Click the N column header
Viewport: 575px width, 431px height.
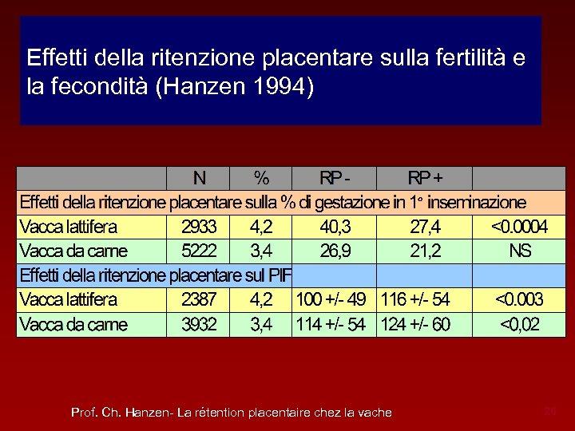pos(199,177)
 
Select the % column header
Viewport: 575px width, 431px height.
pos(260,177)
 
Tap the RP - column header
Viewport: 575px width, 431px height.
pos(335,177)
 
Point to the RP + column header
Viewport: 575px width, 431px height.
pos(426,177)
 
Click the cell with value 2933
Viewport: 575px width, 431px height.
pos(199,227)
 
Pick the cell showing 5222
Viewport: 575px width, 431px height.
pos(199,251)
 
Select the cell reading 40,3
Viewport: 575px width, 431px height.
pos(336,227)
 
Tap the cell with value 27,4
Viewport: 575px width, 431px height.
pos(425,227)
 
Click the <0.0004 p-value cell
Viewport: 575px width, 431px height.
pos(519,227)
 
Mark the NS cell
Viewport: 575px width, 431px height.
pos(520,251)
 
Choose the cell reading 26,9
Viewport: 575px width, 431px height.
pos(336,251)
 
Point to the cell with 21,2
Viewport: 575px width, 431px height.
pos(425,251)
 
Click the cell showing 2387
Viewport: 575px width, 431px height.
pos(199,300)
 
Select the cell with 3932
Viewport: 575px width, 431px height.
pos(199,325)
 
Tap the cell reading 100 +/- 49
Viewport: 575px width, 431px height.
pos(331,300)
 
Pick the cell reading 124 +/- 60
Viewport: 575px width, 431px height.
pos(416,325)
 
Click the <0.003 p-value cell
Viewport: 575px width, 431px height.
pos(519,300)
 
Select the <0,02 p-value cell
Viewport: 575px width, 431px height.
pos(519,325)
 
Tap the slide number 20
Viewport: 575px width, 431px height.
pos(549,412)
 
